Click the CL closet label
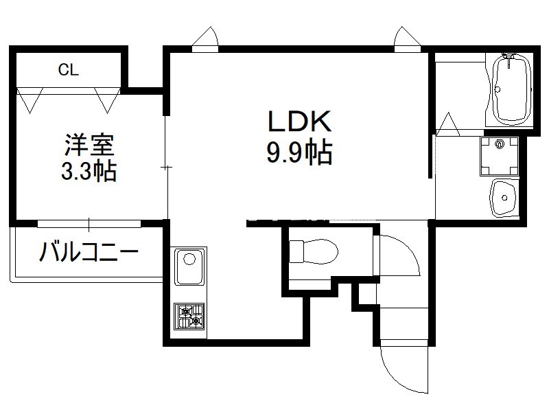tap(69, 70)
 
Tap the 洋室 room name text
tap(90, 145)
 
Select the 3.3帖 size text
tap(89, 171)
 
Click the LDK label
tap(299, 122)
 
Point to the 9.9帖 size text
tap(299, 152)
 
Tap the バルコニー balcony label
tap(89, 251)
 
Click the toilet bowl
tap(314, 251)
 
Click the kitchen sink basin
tap(189, 267)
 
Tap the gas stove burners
tap(189, 317)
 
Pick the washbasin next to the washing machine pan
tap(504, 198)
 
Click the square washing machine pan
tap(500, 157)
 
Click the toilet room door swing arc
tap(399, 255)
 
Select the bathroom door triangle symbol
tap(448, 124)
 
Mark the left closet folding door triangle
tap(30, 100)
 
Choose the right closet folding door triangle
tap(108, 100)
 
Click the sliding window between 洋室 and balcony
tap(89, 224)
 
